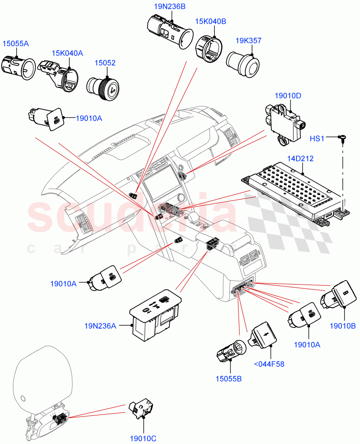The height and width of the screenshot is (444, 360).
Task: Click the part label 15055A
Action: [x=16, y=44]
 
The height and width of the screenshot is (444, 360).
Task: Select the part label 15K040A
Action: [x=67, y=53]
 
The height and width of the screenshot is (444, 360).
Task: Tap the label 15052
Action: [x=105, y=63]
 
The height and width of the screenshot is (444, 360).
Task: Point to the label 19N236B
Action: [x=170, y=6]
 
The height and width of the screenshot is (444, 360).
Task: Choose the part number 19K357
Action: [x=248, y=41]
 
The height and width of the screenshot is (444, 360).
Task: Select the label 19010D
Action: [x=288, y=96]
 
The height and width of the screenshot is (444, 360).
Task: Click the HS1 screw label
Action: [x=317, y=138]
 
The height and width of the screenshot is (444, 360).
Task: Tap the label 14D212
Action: [x=300, y=159]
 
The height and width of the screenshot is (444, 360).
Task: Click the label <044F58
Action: [x=269, y=364]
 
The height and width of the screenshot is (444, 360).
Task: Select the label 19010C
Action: [x=143, y=438]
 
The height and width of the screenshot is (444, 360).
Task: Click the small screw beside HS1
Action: [x=342, y=139]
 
